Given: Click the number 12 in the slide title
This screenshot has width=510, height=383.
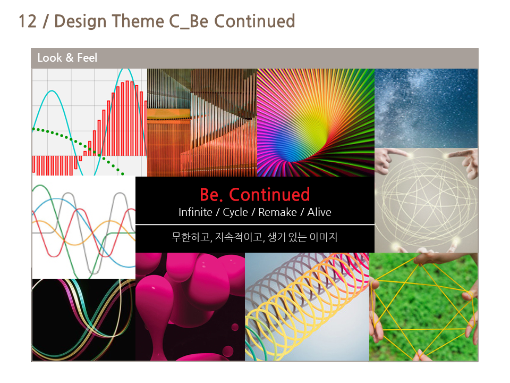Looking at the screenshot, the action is [x=27, y=21].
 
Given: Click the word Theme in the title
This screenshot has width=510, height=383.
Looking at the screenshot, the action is [x=138, y=21].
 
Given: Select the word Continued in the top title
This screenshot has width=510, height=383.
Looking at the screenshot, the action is [x=254, y=21].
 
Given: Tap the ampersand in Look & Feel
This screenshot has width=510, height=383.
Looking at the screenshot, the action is [x=70, y=57].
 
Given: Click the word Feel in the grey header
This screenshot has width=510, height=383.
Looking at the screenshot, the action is [x=87, y=57].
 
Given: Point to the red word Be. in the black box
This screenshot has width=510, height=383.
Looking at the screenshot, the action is [x=211, y=195].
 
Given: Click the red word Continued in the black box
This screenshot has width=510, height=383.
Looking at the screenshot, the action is [x=269, y=195].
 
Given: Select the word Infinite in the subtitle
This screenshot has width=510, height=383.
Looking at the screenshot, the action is [x=195, y=212].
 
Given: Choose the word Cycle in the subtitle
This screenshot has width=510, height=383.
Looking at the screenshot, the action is [x=235, y=212].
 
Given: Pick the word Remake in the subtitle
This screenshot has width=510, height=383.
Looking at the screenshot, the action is [x=277, y=212].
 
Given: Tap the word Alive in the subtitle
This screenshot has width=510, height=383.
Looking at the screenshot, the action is [x=319, y=212].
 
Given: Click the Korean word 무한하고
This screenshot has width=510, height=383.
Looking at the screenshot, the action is [x=192, y=237].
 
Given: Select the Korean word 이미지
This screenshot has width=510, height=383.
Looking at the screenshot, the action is [x=323, y=237].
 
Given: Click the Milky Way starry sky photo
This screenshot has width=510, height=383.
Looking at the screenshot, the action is [x=426, y=108].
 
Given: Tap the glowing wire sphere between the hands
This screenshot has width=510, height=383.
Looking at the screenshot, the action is [x=426, y=201].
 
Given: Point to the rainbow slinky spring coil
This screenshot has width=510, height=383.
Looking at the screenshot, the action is [x=307, y=306].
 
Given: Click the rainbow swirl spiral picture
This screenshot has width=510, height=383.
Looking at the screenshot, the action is [x=316, y=122].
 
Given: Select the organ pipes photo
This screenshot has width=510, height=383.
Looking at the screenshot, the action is [x=202, y=122].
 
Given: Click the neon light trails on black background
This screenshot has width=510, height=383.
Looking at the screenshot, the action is [x=83, y=320].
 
